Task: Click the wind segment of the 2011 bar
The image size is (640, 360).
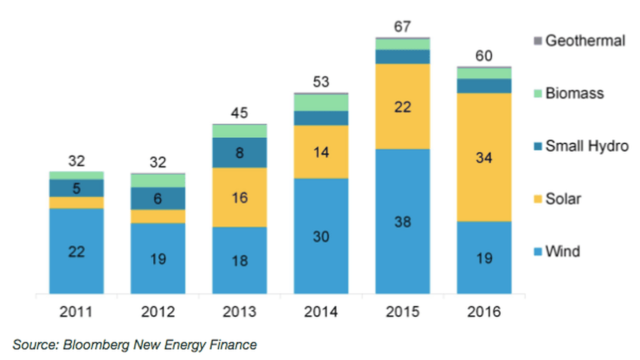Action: pyautogui.click(x=76, y=251)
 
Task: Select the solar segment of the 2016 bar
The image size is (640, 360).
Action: pyautogui.click(x=484, y=157)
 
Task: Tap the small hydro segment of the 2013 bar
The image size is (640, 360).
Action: pyautogui.click(x=239, y=153)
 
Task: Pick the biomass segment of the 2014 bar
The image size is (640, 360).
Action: pyautogui.click(x=321, y=103)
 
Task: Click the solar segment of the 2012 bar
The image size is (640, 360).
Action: pyautogui.click(x=158, y=216)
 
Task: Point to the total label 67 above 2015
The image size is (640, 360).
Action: pyautogui.click(x=402, y=27)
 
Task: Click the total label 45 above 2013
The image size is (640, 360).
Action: pyautogui.click(x=239, y=113)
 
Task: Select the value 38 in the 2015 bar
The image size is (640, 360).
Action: pyautogui.click(x=403, y=222)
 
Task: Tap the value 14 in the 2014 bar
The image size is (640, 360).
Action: pyautogui.click(x=321, y=152)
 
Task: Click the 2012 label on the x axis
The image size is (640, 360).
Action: pyautogui.click(x=158, y=312)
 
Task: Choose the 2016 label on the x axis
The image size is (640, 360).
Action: pyautogui.click(x=484, y=312)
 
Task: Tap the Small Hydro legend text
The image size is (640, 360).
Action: pyautogui.click(x=587, y=146)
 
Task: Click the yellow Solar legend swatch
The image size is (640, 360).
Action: pyautogui.click(x=538, y=199)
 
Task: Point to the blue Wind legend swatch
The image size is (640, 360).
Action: pyautogui.click(x=538, y=252)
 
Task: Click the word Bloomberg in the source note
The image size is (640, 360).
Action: pyautogui.click(x=96, y=345)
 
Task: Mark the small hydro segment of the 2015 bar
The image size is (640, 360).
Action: pyautogui.click(x=403, y=57)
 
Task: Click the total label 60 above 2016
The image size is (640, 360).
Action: pyautogui.click(x=484, y=56)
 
